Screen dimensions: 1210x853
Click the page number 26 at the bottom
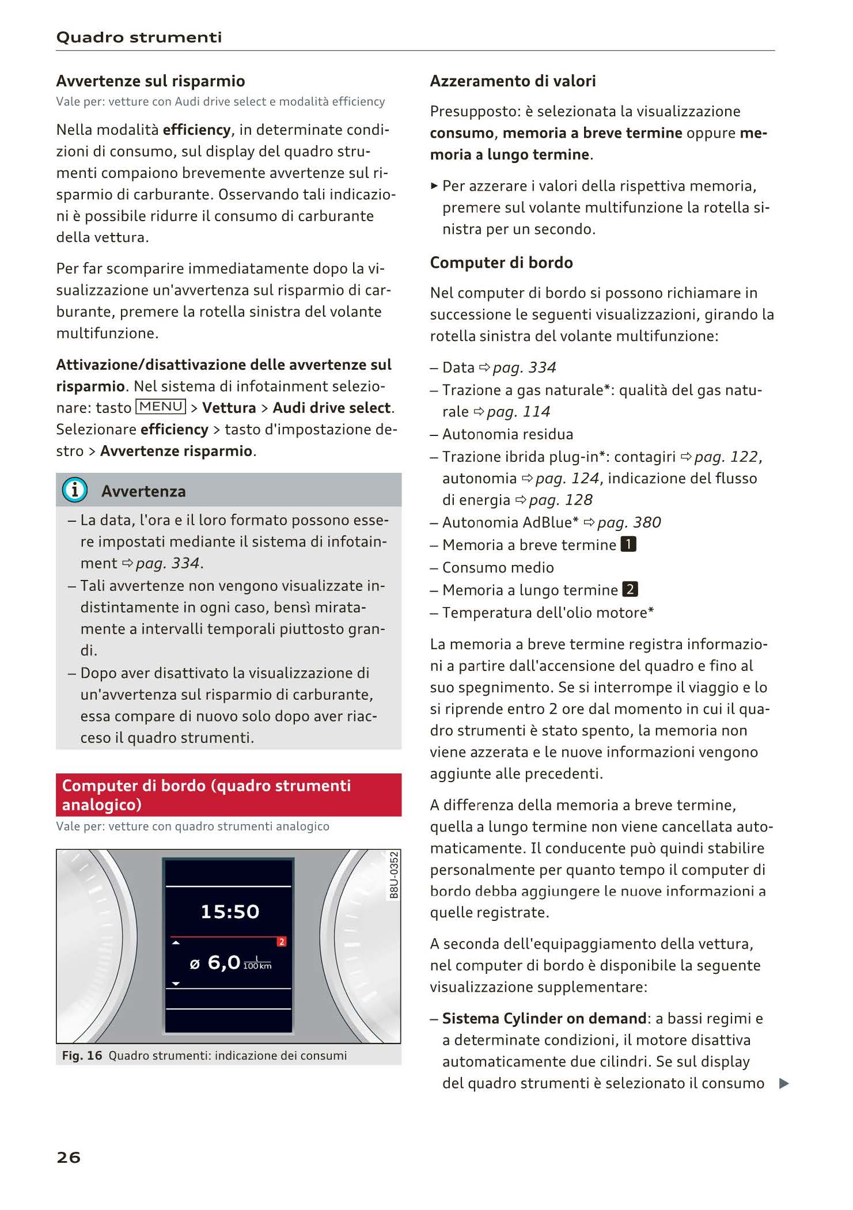click(69, 1157)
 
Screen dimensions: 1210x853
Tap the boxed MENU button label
click(161, 407)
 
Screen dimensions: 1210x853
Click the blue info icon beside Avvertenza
click(75, 490)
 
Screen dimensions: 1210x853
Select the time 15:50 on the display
click(230, 912)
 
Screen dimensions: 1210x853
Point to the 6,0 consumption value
click(223, 962)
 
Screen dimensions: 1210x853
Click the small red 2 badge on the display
click(282, 942)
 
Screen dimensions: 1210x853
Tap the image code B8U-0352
click(394, 875)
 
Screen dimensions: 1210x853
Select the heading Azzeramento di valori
click(513, 81)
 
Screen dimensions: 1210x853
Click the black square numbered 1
click(628, 544)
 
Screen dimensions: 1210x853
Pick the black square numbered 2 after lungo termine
click(630, 589)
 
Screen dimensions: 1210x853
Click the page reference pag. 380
click(629, 522)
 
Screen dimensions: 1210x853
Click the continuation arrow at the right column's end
click(783, 1083)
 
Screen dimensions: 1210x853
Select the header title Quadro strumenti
click(139, 37)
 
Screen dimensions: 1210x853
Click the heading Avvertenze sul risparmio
click(150, 81)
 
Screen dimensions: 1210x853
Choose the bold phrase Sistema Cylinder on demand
click(544, 1018)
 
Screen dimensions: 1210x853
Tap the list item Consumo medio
click(498, 567)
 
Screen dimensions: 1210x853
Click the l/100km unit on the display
click(257, 963)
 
